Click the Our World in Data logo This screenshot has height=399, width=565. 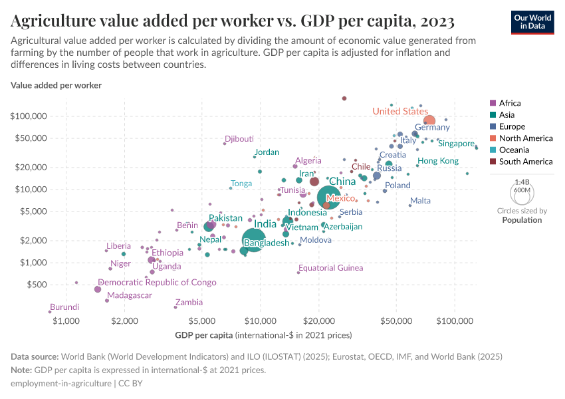[532, 21]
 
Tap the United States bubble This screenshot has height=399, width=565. [429, 121]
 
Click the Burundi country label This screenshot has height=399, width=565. [64, 307]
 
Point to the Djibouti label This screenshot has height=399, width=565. [239, 139]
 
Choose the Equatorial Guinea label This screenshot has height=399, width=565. [331, 268]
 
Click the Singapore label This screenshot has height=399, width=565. [457, 144]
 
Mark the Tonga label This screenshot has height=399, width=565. [241, 184]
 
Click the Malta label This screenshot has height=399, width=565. [420, 201]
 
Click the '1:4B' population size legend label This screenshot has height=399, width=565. [522, 182]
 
